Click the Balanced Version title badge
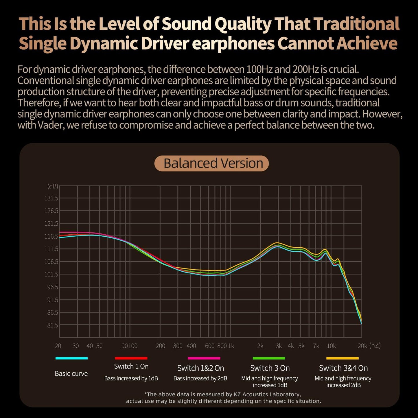click(212, 163)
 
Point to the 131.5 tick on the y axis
click(51, 198)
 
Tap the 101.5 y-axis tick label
click(51, 274)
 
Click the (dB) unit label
click(53, 186)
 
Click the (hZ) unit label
click(375, 345)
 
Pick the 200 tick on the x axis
click(161, 346)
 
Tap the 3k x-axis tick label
click(279, 346)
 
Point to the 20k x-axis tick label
click(362, 346)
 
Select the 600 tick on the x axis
click(210, 346)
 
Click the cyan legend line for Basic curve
click(71, 358)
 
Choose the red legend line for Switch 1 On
click(131, 358)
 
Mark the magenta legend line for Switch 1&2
click(204, 358)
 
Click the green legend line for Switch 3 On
click(269, 358)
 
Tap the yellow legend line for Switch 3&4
click(342, 358)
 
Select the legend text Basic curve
click(71, 373)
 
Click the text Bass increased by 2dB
click(200, 378)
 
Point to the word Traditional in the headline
click(356, 24)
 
